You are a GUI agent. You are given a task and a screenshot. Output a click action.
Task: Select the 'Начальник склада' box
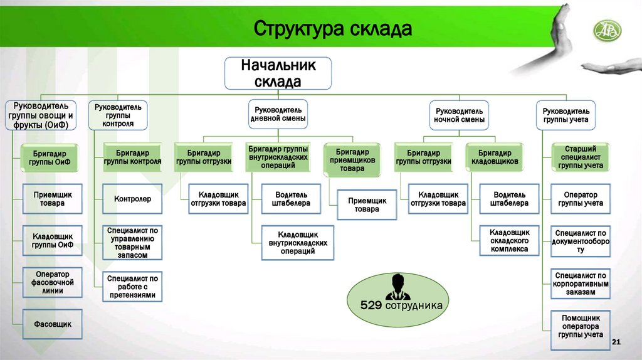pos(278,73)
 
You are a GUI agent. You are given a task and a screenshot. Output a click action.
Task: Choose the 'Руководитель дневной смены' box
pos(278,114)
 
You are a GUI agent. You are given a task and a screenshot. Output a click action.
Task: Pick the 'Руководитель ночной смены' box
pos(460,114)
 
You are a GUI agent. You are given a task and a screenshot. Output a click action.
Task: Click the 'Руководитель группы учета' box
pos(566,115)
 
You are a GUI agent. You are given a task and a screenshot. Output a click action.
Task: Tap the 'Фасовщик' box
pos(53,324)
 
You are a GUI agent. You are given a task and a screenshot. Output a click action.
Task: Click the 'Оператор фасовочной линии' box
pos(53,282)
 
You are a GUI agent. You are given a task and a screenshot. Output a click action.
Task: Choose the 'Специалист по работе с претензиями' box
pos(132,286)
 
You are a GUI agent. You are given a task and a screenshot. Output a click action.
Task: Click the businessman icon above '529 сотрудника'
pos(396,286)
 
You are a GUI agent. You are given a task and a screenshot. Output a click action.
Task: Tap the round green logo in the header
pos(607,29)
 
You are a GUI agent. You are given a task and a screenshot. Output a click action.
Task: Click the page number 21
pos(615,341)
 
